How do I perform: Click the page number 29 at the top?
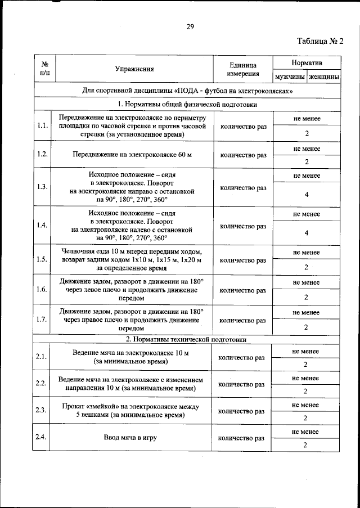pyautogui.click(x=190, y=26)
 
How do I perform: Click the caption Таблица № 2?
pyautogui.click(x=319, y=41)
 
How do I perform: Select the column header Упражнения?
pyautogui.click(x=134, y=69)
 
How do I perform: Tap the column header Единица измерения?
pyautogui.click(x=243, y=69)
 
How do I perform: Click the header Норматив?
pyautogui.click(x=307, y=61)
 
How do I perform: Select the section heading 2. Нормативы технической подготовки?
pyautogui.click(x=186, y=340)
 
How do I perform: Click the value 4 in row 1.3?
pyautogui.click(x=307, y=195)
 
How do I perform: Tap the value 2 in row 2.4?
pyautogui.click(x=305, y=445)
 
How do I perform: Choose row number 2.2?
pyautogui.click(x=40, y=383)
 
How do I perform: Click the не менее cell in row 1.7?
pyautogui.click(x=307, y=312)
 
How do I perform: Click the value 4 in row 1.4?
pyautogui.click(x=307, y=233)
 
